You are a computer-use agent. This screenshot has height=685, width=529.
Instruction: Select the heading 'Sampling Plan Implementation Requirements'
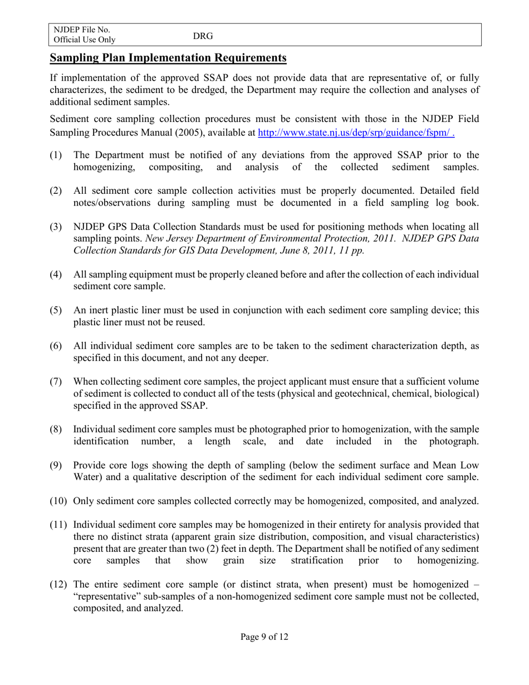(168, 58)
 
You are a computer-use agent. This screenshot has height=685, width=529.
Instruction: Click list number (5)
(56, 311)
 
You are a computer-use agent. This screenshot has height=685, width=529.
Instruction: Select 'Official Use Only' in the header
(85, 40)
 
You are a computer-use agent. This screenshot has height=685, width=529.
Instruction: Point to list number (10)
(58, 501)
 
